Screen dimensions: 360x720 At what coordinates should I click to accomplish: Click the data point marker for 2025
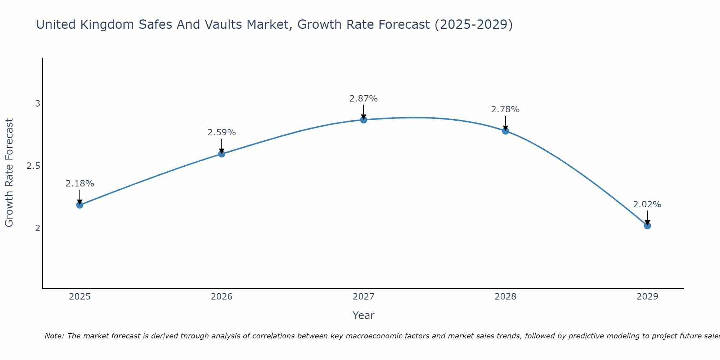[80, 205]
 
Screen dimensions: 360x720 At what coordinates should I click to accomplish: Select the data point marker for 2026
[222, 154]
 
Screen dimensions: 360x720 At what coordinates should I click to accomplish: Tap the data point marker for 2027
[364, 120]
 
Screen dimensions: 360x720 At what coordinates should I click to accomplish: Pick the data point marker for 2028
[505, 131]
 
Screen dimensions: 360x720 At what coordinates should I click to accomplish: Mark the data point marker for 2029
[647, 226]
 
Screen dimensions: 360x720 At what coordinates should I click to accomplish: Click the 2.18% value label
[80, 184]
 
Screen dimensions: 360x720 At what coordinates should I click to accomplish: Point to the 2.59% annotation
[222, 132]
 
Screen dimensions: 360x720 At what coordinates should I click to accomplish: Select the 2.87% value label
[364, 99]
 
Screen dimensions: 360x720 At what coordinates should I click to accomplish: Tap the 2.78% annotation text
[505, 109]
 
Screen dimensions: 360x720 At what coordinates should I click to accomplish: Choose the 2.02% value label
[647, 204]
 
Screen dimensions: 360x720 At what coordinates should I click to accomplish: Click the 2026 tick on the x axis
[222, 297]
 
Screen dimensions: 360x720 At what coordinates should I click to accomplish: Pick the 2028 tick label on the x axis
[505, 297]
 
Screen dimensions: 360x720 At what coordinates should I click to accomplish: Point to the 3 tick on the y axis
[37, 104]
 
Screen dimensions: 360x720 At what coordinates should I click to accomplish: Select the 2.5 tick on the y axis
[33, 166]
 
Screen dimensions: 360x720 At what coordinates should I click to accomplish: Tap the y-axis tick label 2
[37, 228]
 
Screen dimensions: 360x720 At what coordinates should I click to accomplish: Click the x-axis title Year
[364, 315]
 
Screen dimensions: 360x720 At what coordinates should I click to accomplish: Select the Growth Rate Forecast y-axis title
[9, 173]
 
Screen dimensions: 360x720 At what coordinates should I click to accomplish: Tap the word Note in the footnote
[54, 336]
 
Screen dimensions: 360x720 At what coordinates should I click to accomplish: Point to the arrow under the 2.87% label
[364, 112]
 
